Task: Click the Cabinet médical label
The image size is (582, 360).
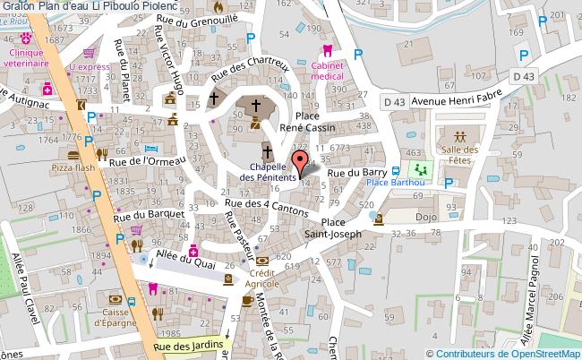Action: click(x=328, y=71)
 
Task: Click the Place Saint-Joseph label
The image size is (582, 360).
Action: click(x=333, y=228)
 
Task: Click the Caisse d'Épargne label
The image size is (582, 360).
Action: click(x=117, y=316)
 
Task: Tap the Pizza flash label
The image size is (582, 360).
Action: click(x=73, y=167)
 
